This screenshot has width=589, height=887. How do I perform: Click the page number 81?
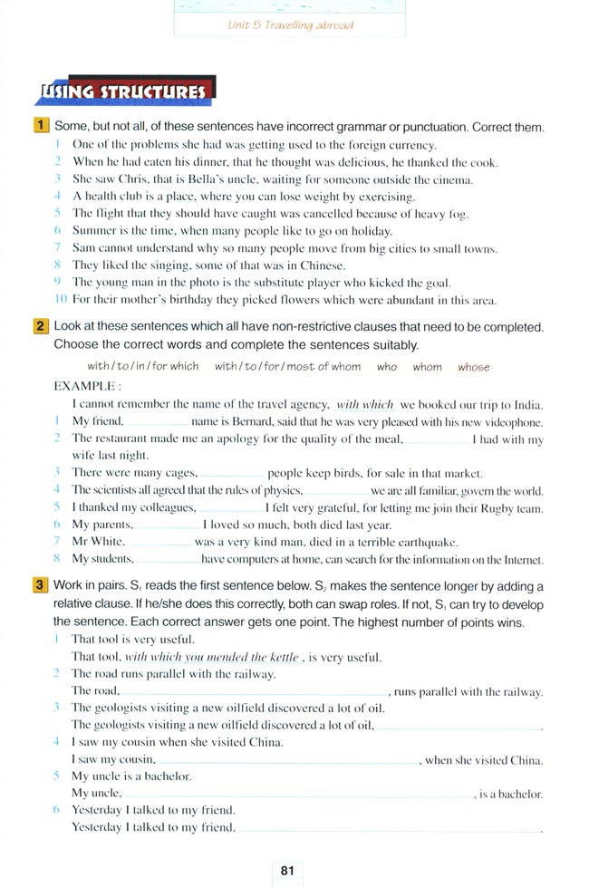click(x=289, y=871)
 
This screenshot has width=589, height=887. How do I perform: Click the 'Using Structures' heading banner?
click(x=122, y=92)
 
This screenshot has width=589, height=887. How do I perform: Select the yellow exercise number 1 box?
click(x=41, y=128)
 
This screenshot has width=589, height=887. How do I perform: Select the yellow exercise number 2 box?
click(x=41, y=326)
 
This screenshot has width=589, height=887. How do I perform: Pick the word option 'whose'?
click(x=473, y=367)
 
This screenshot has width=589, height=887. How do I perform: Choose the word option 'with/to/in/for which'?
click(x=142, y=367)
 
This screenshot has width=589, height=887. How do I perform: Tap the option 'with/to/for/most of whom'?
click(x=287, y=367)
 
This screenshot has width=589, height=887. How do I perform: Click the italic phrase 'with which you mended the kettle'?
click(x=212, y=657)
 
